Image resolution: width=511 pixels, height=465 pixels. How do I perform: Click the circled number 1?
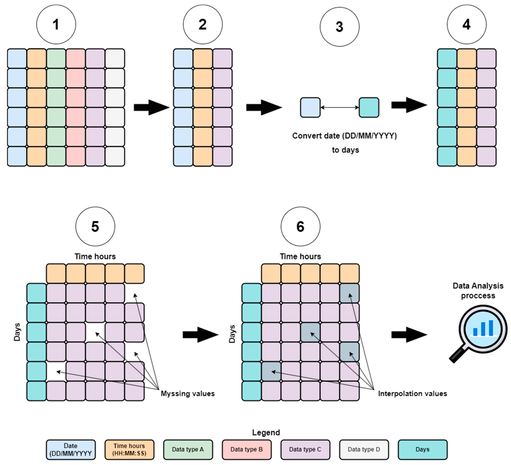click(56, 24)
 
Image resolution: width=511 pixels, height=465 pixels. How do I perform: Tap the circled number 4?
click(467, 24)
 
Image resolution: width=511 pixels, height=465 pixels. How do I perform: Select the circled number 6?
click(300, 226)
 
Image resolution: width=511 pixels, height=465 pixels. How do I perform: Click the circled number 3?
click(340, 27)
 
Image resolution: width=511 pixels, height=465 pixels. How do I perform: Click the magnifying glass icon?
click(479, 333)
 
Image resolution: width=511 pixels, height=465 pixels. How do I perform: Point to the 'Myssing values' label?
click(188, 393)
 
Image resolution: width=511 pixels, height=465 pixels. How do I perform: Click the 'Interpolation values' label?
click(412, 393)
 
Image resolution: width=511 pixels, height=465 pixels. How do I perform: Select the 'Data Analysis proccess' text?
click(478, 290)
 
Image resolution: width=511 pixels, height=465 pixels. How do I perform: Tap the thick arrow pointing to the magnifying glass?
click(409, 334)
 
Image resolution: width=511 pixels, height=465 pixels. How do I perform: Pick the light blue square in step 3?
click(310, 107)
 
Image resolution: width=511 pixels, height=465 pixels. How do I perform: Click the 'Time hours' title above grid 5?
click(95, 256)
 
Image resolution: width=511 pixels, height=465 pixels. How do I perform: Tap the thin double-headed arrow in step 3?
click(340, 107)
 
